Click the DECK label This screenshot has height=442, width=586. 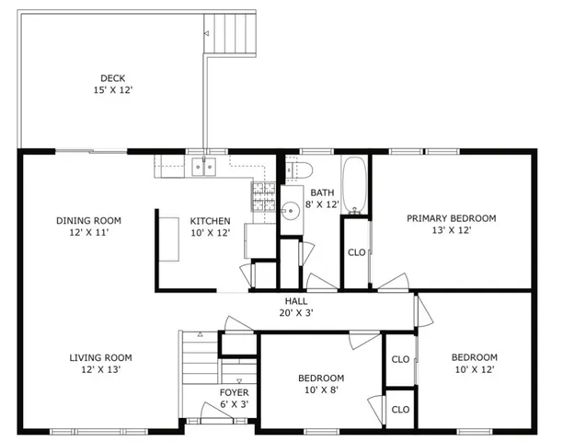tap(113, 78)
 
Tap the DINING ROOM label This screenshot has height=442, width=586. tap(88, 220)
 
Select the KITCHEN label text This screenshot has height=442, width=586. tap(210, 221)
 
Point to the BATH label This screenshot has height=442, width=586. tap(322, 192)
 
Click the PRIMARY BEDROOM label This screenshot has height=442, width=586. tap(452, 218)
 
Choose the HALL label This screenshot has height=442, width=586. tap(296, 301)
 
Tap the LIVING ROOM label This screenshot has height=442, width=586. tap(100, 357)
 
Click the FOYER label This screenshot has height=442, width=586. tap(234, 392)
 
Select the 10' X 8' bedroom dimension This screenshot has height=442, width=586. tap(320, 390)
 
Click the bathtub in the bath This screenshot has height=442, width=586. tap(353, 185)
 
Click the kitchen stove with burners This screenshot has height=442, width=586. tap(264, 196)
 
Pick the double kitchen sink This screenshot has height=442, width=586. tap(203, 167)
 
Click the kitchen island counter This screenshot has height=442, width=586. tap(169, 238)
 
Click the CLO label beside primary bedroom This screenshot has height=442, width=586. tap(356, 251)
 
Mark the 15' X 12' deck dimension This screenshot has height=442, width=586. tap(113, 90)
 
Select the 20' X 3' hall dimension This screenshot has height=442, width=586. tap(296, 313)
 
